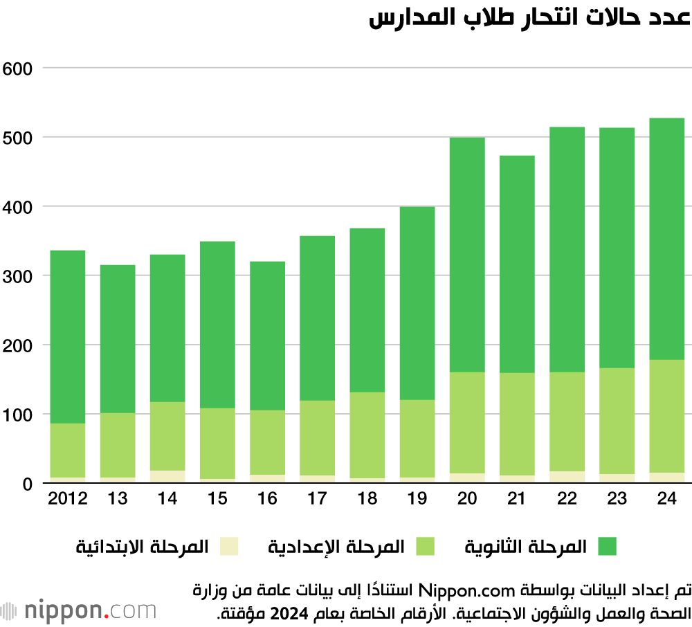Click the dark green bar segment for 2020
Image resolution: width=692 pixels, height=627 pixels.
[x=466, y=255]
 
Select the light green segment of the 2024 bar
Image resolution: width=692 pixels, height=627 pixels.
[x=666, y=416]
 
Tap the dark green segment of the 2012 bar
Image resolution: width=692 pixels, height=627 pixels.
[x=68, y=336]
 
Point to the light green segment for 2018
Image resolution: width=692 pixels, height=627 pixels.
[x=367, y=435]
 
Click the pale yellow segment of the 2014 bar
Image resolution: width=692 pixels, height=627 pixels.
[x=167, y=477]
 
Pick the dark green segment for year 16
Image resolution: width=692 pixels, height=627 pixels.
[x=267, y=336]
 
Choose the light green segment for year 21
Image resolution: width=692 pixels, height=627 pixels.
[x=516, y=424]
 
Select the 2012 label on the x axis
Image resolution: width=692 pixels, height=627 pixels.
[x=68, y=500]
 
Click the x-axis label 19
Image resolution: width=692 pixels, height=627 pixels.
[x=417, y=500]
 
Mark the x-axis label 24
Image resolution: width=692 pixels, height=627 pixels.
[x=666, y=500]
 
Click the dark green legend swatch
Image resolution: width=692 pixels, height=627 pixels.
[x=606, y=547]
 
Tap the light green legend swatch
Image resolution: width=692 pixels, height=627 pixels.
[x=425, y=547]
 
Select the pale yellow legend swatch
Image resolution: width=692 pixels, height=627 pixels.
[x=229, y=547]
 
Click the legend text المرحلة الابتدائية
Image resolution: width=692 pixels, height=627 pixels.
[x=143, y=547]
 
